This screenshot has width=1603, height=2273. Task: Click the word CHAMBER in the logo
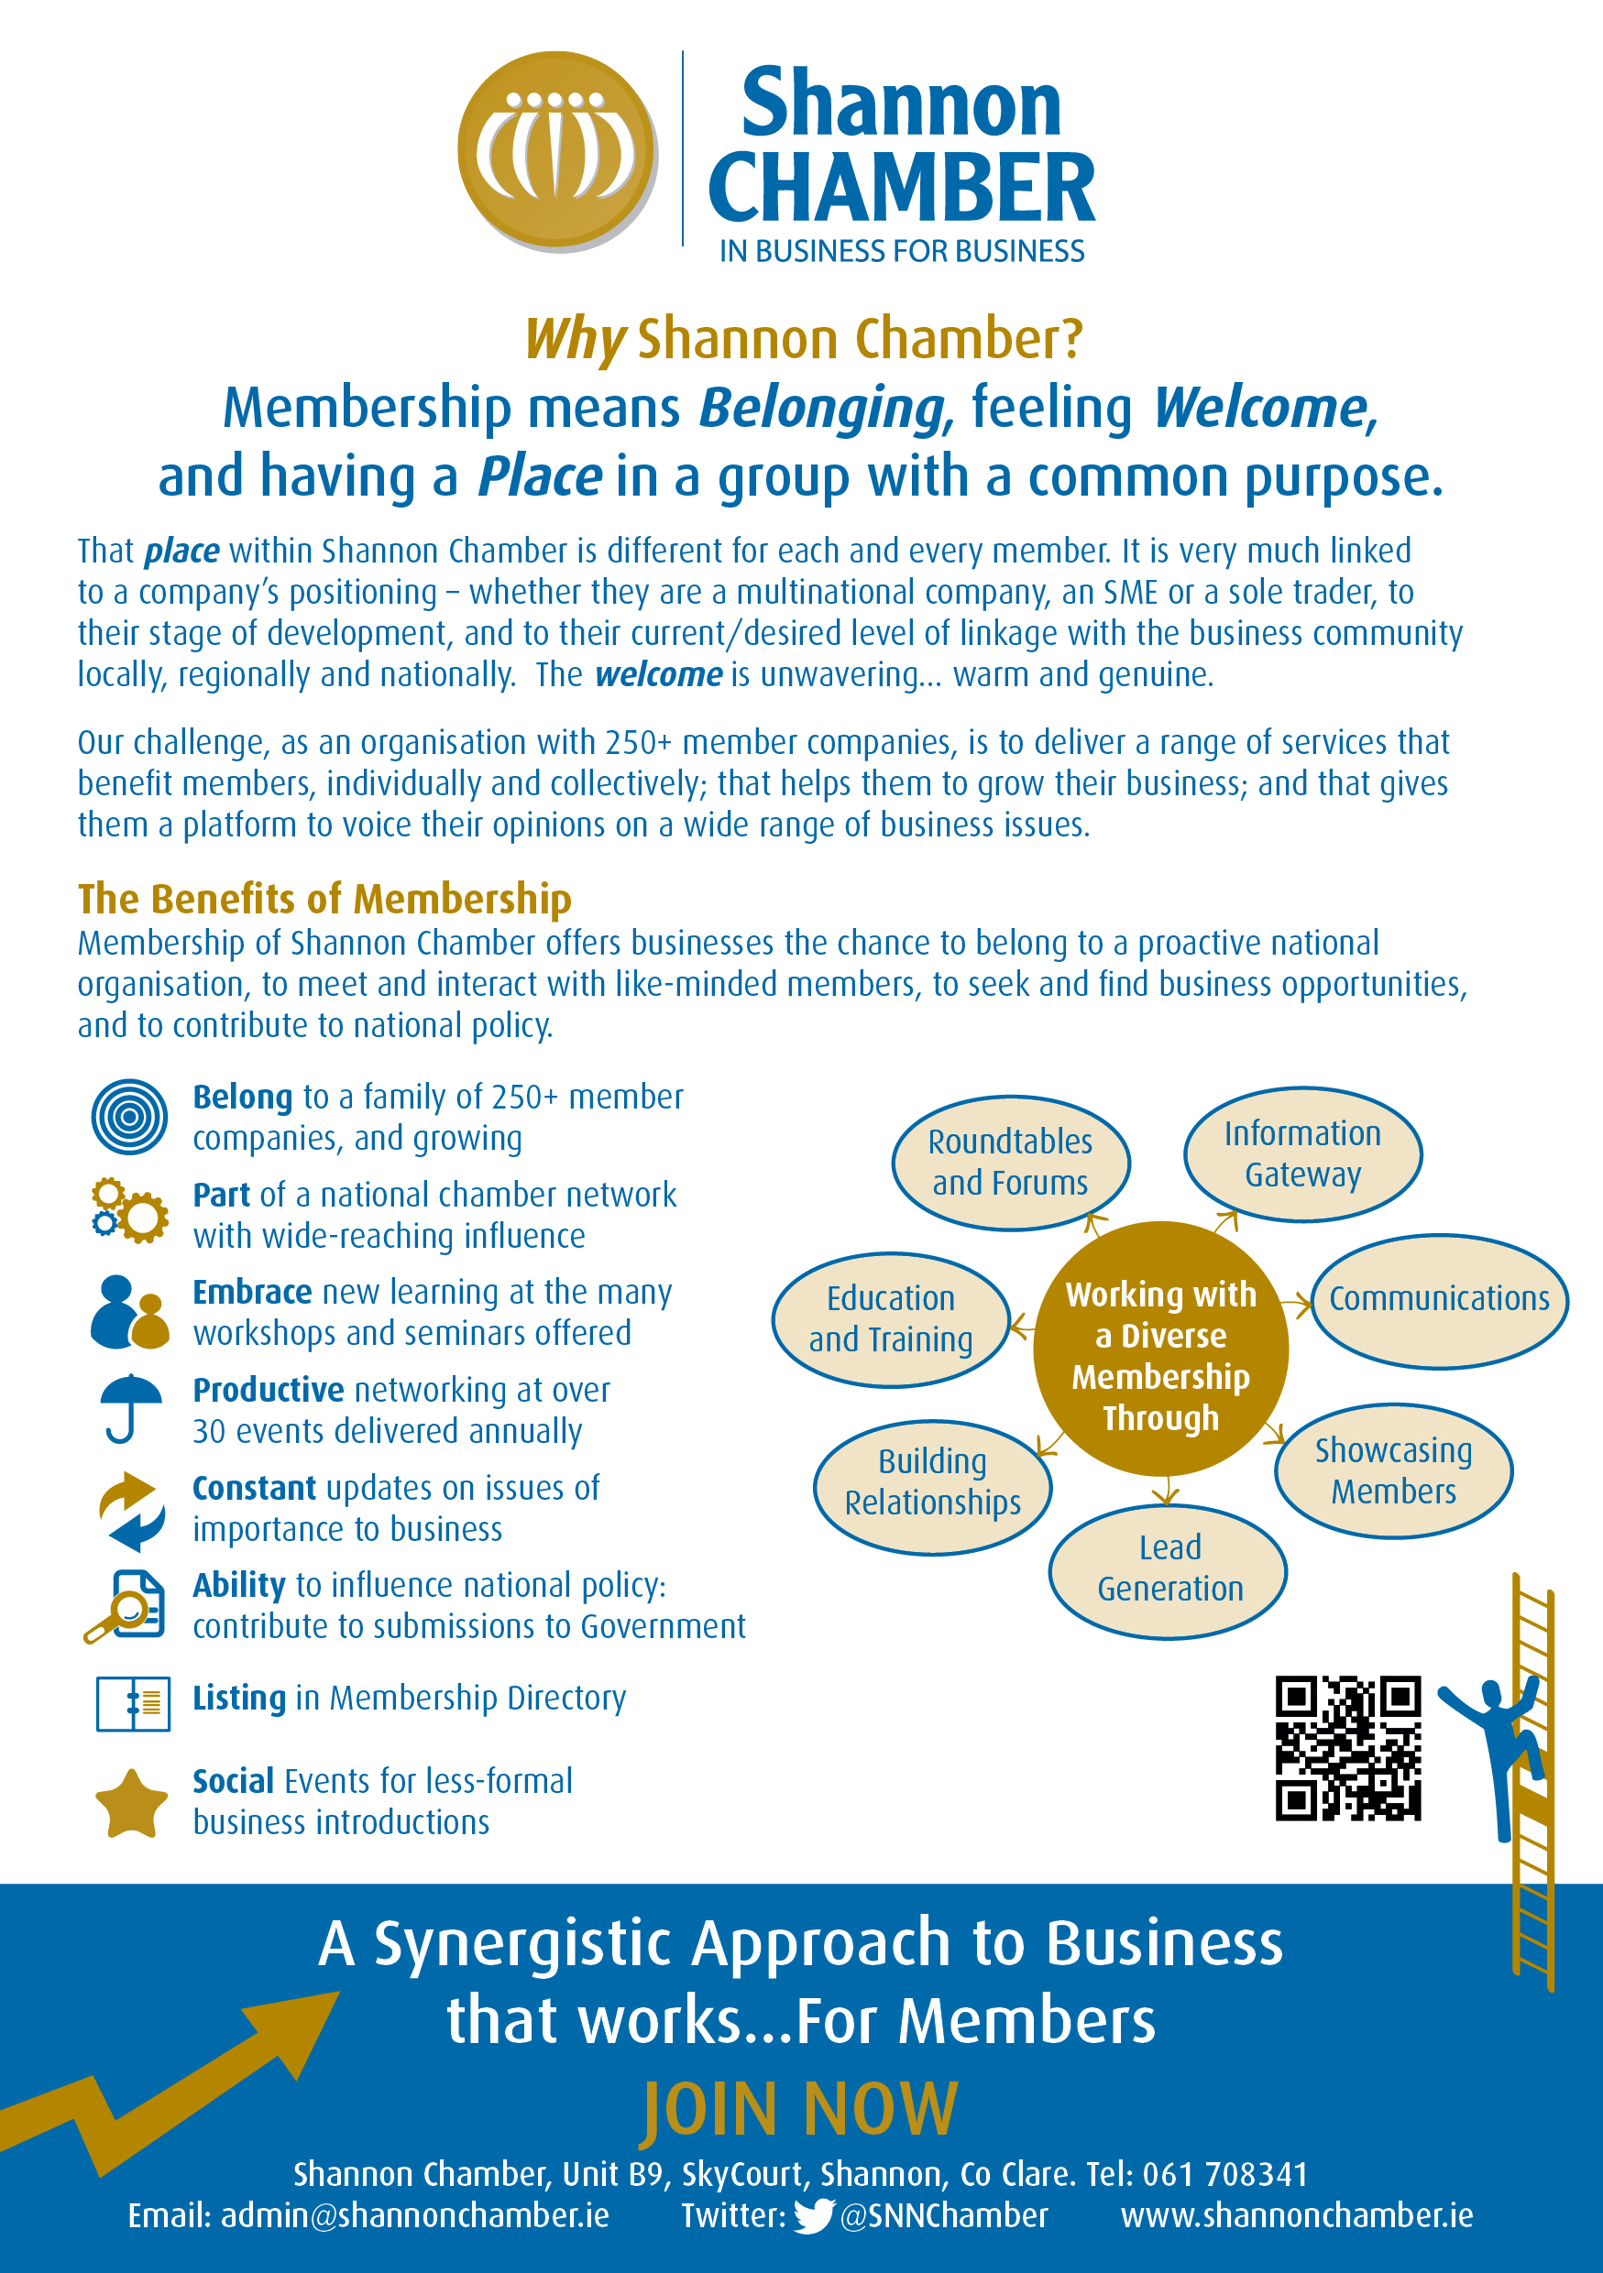click(x=901, y=189)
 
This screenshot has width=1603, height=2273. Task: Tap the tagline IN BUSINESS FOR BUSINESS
click(x=902, y=251)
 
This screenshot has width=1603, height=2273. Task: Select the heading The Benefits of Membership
click(x=324, y=898)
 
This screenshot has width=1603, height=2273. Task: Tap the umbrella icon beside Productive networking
click(x=130, y=1408)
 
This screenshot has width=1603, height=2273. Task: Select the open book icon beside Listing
click(x=133, y=1703)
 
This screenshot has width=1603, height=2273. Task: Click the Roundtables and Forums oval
click(x=1010, y=1163)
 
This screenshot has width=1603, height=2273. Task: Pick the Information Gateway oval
click(x=1302, y=1154)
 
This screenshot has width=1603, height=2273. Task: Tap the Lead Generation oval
click(x=1169, y=1570)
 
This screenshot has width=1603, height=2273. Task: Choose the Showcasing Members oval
click(x=1393, y=1470)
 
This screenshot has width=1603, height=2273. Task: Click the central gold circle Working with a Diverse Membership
click(x=1160, y=1349)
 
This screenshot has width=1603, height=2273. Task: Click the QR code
click(x=1347, y=1748)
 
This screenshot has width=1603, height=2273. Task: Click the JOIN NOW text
click(x=801, y=2110)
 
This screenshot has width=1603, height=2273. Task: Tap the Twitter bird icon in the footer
click(x=813, y=2215)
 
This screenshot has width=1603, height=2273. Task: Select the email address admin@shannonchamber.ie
click(x=415, y=2215)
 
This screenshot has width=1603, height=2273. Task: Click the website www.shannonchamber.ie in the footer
click(x=1296, y=2215)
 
